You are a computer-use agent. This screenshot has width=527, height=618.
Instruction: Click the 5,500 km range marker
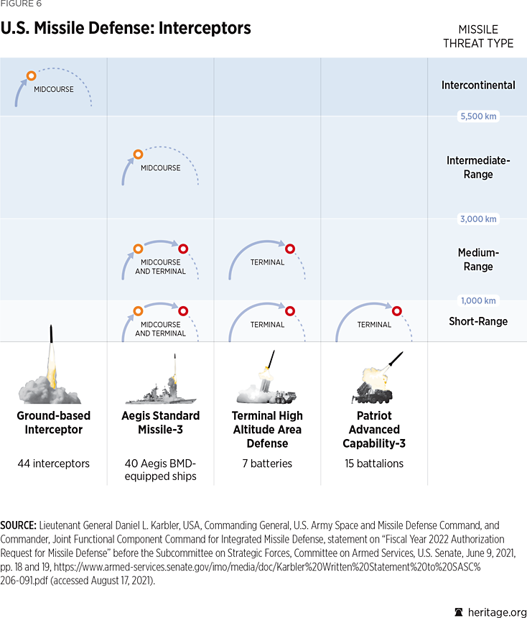point(478,116)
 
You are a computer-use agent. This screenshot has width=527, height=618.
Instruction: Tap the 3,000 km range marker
point(478,219)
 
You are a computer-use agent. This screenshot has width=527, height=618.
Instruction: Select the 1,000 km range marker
point(478,300)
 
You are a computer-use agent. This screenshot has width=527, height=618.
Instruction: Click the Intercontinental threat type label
point(478,85)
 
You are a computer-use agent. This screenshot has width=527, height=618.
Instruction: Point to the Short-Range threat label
point(478,321)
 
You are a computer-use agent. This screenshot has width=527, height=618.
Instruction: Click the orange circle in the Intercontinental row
point(31,75)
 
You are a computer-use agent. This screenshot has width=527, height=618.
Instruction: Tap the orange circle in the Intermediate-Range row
point(138,154)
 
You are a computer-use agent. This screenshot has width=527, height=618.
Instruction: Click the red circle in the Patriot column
point(396,311)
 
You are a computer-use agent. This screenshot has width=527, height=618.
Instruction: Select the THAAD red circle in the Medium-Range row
point(290,249)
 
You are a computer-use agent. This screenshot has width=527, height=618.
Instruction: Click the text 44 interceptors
point(54,463)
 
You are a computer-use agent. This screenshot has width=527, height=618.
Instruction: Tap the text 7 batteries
point(267,463)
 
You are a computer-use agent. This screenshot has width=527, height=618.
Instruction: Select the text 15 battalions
point(374,463)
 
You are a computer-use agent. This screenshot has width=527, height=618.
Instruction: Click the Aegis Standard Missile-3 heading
point(161,423)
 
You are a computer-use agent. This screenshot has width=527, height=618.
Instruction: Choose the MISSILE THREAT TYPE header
point(478,36)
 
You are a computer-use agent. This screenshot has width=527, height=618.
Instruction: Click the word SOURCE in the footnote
point(18,525)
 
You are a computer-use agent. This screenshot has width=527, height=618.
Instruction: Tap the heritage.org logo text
point(497,612)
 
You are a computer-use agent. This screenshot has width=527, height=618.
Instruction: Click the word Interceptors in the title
point(205,28)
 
